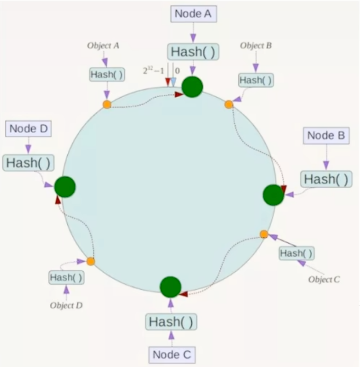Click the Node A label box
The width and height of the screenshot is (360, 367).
(x=193, y=14)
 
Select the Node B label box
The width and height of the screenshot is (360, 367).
(x=326, y=136)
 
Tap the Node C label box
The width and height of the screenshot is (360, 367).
(x=171, y=354)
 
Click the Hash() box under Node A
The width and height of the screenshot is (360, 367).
(x=193, y=52)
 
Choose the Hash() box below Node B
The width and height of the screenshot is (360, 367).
(x=326, y=179)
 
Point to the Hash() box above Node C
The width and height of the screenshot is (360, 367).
(x=171, y=321)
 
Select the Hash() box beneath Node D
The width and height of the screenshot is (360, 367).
(x=28, y=163)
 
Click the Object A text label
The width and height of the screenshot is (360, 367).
(x=103, y=46)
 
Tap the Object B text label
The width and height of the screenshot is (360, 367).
(x=256, y=46)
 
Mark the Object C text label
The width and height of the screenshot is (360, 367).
(x=324, y=279)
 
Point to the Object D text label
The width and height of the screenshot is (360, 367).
(x=66, y=305)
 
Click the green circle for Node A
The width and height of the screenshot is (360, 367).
(x=192, y=87)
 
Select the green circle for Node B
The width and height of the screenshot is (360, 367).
(x=273, y=195)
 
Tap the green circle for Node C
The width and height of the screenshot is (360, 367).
(x=171, y=287)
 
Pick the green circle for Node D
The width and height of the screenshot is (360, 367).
(x=65, y=186)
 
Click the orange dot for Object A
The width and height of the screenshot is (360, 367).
(x=107, y=104)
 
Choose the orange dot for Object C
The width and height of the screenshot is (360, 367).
(x=264, y=234)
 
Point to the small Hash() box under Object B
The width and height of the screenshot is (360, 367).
(x=256, y=80)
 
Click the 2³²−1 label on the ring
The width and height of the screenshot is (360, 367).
(x=153, y=71)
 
